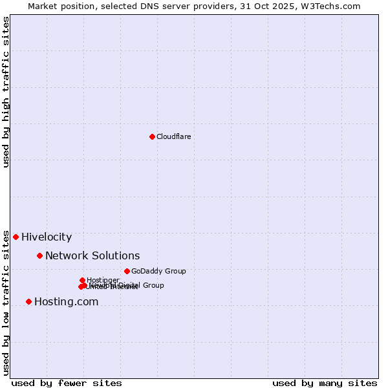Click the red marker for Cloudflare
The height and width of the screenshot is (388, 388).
152,136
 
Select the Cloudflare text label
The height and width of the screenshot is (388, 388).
173,136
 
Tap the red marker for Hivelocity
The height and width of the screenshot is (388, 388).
16,237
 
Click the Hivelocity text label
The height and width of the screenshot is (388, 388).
47,237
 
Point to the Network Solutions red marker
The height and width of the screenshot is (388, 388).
39,255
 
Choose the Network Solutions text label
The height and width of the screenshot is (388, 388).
92,256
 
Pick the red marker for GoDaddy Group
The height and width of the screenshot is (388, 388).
127,271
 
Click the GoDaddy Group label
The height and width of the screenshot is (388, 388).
158,272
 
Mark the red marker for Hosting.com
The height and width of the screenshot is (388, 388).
28,301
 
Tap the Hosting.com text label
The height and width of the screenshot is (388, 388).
66,302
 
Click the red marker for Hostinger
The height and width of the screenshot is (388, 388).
82,280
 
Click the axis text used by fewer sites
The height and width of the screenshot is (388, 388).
67,383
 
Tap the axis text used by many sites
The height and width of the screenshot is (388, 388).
325,383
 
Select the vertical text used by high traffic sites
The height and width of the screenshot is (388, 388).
6,92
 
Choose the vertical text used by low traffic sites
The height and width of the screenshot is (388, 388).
6,303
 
